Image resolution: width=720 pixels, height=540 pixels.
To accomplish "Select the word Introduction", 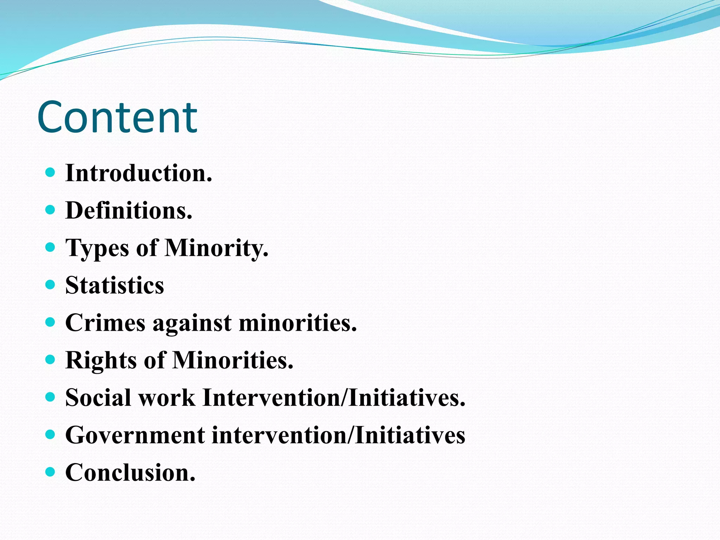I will pos(139,173).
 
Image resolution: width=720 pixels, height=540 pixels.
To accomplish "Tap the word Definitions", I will pos(129,211).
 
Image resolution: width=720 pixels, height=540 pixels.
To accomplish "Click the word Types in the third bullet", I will pos(97,248).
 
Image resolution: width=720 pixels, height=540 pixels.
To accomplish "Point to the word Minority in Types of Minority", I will pos(216,248).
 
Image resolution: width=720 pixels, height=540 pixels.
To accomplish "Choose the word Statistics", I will pos(115,285).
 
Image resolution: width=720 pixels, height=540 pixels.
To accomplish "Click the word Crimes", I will pos(105,323).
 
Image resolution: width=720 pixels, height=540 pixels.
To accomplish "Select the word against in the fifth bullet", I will pos(192,323).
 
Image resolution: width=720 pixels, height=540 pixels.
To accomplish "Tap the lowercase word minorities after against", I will pos(298,323).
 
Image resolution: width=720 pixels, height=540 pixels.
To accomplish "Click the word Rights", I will pos(101,360).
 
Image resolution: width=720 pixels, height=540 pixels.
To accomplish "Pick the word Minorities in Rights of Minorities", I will pos(233,360).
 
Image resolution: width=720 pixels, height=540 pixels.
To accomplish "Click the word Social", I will pos(98,398).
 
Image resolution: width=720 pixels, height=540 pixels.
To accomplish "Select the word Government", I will pos(135,435).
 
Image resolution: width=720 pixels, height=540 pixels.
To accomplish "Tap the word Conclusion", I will pos(130,472).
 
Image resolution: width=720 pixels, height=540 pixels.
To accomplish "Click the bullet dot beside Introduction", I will pos(51,172).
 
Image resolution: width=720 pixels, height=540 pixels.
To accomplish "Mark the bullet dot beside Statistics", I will pos(51,284).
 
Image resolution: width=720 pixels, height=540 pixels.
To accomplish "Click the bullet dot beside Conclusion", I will pos(51,471).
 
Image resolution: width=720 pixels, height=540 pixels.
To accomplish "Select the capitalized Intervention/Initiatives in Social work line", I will pos(334,398).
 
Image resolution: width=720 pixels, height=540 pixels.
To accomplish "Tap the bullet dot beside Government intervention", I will pos(51,435).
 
